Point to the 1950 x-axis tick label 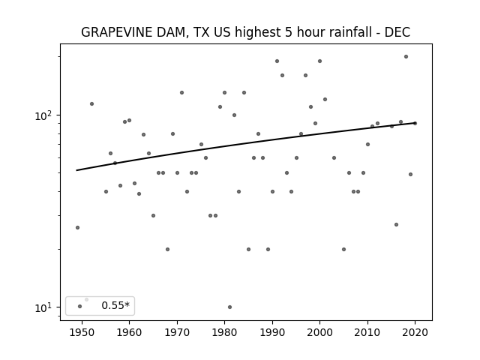click(82, 332)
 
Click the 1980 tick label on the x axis click(224, 332)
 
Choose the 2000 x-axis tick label click(319, 332)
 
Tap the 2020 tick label click(415, 332)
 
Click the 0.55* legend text click(115, 305)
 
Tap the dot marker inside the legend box click(79, 306)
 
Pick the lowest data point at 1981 click(229, 307)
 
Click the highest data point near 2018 click(406, 57)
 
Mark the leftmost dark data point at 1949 click(77, 227)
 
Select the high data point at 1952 click(91, 103)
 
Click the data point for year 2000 click(319, 61)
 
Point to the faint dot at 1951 click(87, 299)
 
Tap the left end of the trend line click(76, 170)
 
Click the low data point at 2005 click(343, 249)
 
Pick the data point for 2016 click(396, 224)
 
